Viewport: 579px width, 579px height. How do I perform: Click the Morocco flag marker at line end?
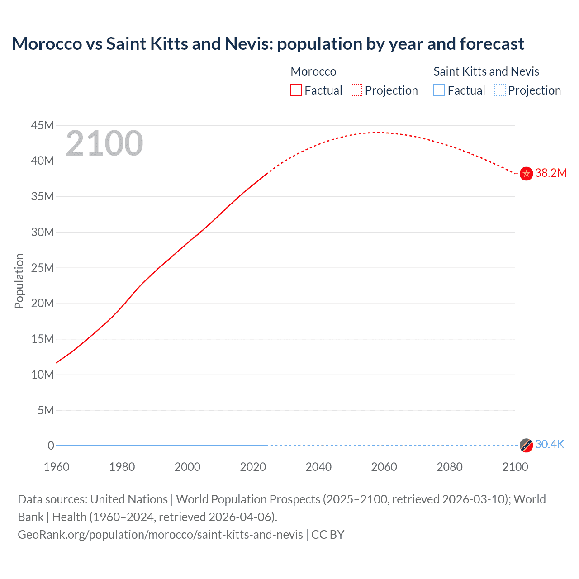(526, 174)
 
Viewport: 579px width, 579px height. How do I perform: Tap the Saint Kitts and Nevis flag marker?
(526, 445)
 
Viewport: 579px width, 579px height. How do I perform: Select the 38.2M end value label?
(551, 173)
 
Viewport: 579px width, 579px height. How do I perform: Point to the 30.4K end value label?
(550, 445)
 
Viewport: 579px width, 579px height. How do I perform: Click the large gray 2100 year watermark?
(104, 143)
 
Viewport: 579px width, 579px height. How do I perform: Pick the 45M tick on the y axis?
(43, 125)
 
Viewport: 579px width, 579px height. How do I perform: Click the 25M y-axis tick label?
(43, 268)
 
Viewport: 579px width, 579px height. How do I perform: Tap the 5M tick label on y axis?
(46, 410)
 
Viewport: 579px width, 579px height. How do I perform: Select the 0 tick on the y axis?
(51, 446)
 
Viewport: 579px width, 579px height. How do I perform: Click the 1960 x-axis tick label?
(57, 467)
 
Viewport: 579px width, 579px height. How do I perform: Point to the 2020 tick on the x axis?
(253, 467)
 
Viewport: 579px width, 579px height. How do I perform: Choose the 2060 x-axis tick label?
(384, 467)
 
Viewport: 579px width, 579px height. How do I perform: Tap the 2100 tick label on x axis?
(515, 467)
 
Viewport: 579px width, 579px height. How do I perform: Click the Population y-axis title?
(19, 281)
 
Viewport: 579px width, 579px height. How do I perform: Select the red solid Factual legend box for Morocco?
(296, 90)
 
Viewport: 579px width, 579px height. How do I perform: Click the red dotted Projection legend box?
(356, 90)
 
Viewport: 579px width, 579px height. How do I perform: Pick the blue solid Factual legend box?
(439, 90)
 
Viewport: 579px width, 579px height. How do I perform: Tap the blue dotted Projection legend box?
(499, 90)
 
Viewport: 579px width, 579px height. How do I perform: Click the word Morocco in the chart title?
(47, 44)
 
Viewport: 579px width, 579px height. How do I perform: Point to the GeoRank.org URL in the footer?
(160, 535)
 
